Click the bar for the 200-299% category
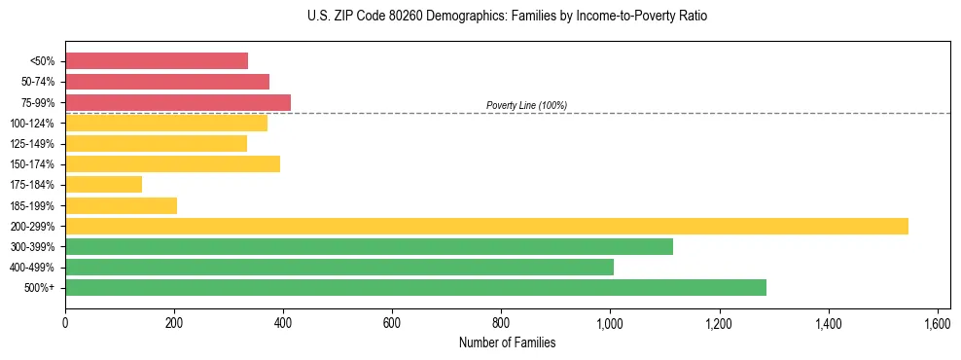click(486, 226)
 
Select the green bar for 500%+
click(415, 287)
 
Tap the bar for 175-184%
click(103, 184)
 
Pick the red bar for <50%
click(157, 60)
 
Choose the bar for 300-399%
click(369, 246)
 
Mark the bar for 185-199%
click(121, 205)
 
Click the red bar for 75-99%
click(178, 102)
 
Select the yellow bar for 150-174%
click(172, 163)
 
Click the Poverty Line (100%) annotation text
click(526, 105)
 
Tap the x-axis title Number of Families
click(507, 342)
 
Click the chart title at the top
click(507, 17)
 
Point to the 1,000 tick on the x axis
click(610, 322)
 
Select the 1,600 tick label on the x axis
click(937, 322)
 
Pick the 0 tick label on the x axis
click(65, 322)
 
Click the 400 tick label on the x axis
click(283, 322)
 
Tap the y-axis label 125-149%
click(33, 144)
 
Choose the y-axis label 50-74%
click(37, 82)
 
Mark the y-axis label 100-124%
click(33, 124)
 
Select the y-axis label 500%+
click(40, 288)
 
